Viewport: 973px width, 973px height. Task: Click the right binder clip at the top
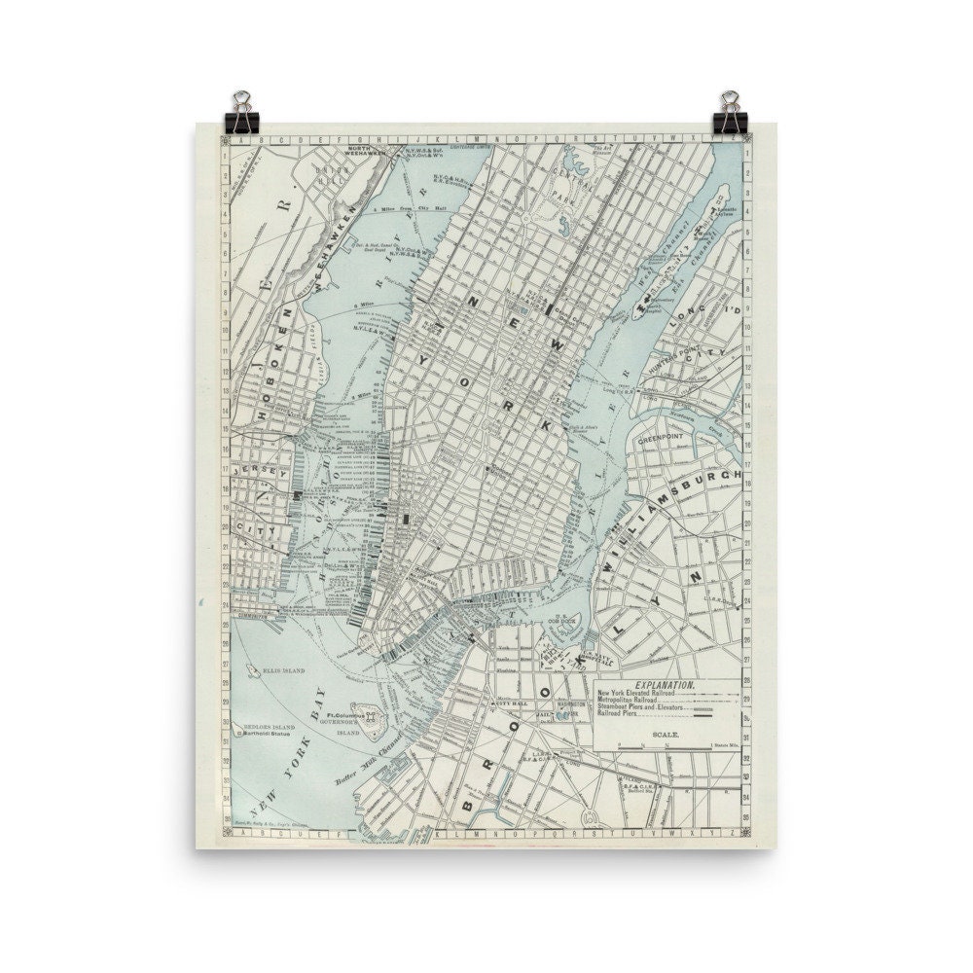(730, 110)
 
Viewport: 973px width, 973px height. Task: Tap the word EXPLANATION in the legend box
(665, 685)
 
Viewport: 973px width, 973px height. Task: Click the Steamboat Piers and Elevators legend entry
(643, 708)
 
